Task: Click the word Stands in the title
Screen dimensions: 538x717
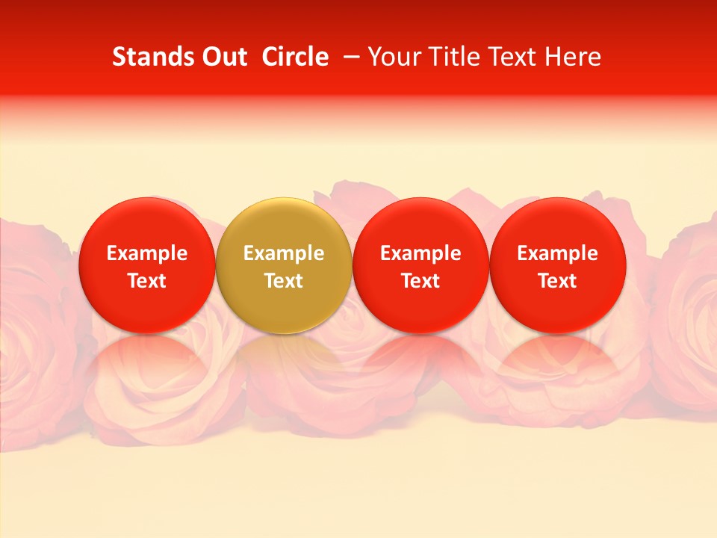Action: [x=147, y=57]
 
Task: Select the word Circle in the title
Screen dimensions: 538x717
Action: [x=295, y=57]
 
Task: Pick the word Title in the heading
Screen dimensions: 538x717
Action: [x=456, y=57]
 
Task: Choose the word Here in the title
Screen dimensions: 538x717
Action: [x=574, y=57]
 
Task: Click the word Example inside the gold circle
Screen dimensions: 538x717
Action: [x=284, y=254]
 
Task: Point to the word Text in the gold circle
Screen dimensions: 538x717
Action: [x=284, y=281]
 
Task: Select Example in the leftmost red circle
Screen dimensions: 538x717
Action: [x=147, y=254]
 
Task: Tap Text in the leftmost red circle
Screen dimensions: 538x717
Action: [x=147, y=281]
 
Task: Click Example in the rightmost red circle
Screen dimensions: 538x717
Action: [x=558, y=254]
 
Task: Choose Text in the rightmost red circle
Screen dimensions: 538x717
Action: [x=558, y=281]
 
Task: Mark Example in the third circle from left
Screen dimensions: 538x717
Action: [x=420, y=254]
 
